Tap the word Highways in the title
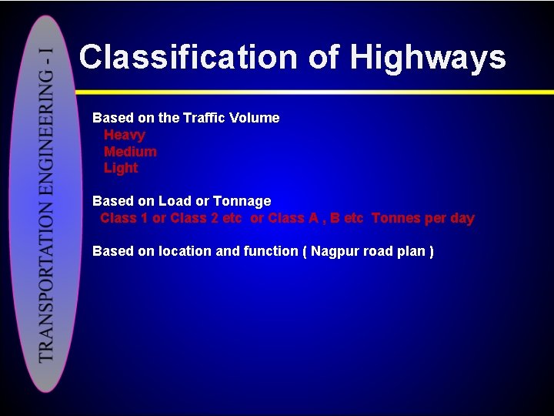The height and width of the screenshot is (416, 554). (x=428, y=58)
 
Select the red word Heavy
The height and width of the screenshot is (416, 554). (x=124, y=135)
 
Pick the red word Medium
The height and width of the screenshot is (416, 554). (x=130, y=152)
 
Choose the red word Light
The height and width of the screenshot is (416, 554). (x=121, y=168)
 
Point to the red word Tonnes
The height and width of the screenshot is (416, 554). (x=396, y=218)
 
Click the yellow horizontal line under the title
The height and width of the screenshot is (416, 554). (x=308, y=92)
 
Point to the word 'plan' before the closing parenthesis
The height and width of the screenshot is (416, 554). (x=410, y=251)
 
